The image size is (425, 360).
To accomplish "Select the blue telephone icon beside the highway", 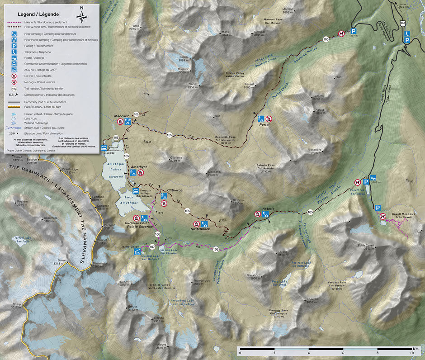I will coord(407,33).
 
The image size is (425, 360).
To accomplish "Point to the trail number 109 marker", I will coord(135,115).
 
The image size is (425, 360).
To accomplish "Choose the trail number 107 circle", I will coord(152,247).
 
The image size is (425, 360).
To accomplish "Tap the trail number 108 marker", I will coord(116,137).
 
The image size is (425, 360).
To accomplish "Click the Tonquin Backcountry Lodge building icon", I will coord(105,148).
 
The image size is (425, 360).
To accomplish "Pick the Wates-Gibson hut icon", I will coord(137,252).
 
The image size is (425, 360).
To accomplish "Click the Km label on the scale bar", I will coord(415,349).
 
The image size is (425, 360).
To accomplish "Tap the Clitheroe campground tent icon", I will coord(164,196).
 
